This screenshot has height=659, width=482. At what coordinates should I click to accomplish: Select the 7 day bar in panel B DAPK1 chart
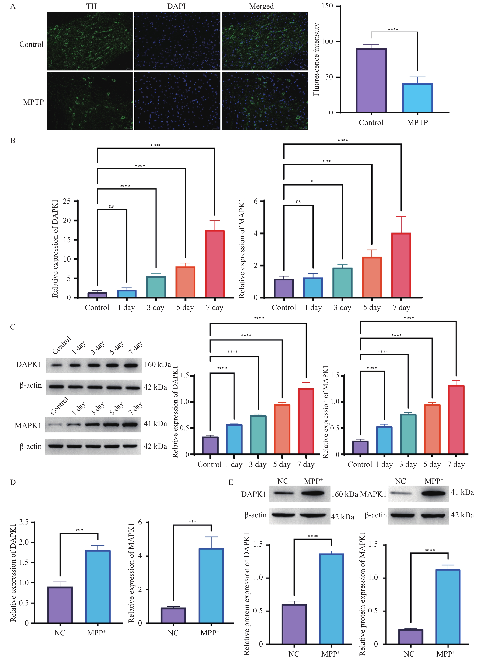coord(215,264)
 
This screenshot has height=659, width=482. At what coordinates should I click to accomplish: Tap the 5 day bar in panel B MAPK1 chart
coord(372,277)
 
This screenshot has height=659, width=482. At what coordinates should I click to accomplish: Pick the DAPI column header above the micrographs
coord(176,6)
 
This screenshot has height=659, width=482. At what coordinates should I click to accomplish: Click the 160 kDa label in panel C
coord(157,364)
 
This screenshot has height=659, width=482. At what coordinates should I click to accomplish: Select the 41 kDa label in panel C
coord(155,423)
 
